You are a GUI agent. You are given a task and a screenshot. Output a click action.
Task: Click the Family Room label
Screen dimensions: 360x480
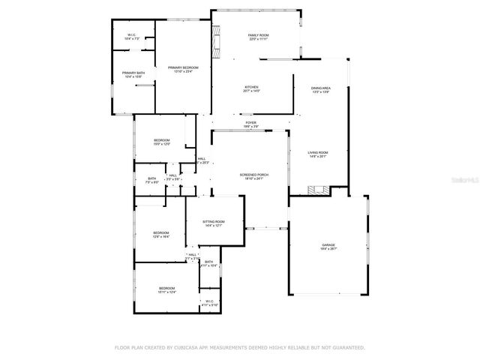pyautogui.click(x=258, y=36)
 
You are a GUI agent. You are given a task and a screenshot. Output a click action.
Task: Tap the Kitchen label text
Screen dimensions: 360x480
pyautogui.click(x=251, y=87)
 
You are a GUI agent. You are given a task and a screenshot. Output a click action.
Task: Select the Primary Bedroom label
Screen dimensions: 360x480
pyautogui.click(x=183, y=67)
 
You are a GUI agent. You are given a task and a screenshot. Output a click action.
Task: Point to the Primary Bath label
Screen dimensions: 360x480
pyautogui.click(x=133, y=73)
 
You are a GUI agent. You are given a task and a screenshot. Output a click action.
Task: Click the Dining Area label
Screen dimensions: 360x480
pyautogui.click(x=321, y=88)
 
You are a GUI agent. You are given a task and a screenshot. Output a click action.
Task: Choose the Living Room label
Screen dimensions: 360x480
pyautogui.click(x=318, y=152)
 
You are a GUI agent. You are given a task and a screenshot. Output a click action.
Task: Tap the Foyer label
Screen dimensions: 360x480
pyautogui.click(x=250, y=123)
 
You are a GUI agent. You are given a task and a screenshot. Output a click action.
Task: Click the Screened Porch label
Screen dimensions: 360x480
pyautogui.click(x=252, y=175)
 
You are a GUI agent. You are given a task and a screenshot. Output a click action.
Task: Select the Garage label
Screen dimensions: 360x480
pyautogui.click(x=328, y=244)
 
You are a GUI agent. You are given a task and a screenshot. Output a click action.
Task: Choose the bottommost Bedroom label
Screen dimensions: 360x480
pyautogui.click(x=166, y=289)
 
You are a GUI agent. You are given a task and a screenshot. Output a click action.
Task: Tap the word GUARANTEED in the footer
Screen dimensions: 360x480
pyautogui.click(x=346, y=348)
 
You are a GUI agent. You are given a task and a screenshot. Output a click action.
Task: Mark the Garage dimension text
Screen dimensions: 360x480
pyautogui.click(x=328, y=249)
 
